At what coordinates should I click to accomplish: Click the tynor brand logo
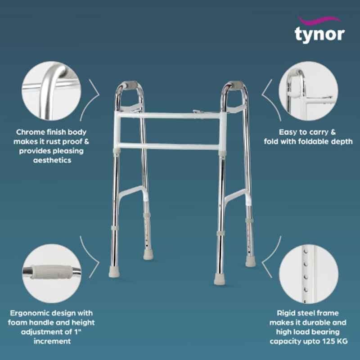[319, 29]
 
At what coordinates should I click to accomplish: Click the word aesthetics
[52, 160]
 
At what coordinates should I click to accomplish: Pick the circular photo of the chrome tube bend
[51, 91]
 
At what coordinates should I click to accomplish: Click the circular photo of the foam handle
[52, 274]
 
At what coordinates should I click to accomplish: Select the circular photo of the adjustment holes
[309, 274]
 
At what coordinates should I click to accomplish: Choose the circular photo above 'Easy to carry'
[308, 91]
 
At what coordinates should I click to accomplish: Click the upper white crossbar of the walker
[170, 115]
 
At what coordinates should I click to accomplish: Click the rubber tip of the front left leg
[114, 272]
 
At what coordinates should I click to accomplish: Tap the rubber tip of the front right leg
[220, 279]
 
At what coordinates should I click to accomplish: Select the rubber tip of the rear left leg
[148, 255]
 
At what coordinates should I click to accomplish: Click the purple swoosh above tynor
[319, 20]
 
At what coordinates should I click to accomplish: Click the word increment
[52, 341]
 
